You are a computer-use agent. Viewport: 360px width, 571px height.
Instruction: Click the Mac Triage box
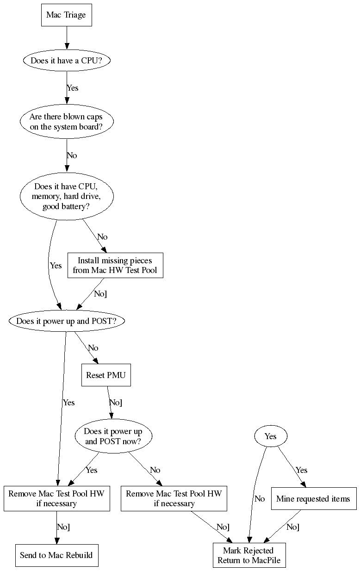66,15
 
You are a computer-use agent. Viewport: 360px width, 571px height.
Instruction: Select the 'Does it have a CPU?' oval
66,61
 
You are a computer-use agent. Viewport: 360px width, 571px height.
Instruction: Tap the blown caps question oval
66,122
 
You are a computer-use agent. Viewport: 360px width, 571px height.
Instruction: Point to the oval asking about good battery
66,197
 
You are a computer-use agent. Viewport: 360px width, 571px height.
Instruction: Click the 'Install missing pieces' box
115,265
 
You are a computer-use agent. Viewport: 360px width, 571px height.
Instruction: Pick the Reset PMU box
106,375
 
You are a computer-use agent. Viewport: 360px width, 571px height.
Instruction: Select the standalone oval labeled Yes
271,436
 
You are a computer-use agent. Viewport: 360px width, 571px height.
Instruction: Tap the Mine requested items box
313,499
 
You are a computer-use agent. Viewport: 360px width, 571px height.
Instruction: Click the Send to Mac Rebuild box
56,555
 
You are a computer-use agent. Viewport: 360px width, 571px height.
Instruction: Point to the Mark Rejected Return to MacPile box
248,556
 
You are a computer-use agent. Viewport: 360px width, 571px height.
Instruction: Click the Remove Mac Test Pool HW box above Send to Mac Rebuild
56,498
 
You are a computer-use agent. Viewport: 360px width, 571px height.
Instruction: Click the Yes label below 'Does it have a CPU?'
73,88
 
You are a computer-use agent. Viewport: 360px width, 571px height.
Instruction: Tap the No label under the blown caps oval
72,155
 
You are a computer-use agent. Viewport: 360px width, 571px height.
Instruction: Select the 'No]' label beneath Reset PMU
116,403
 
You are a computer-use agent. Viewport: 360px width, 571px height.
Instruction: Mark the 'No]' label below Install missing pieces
100,294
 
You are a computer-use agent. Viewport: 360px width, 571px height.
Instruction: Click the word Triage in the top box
75,15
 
